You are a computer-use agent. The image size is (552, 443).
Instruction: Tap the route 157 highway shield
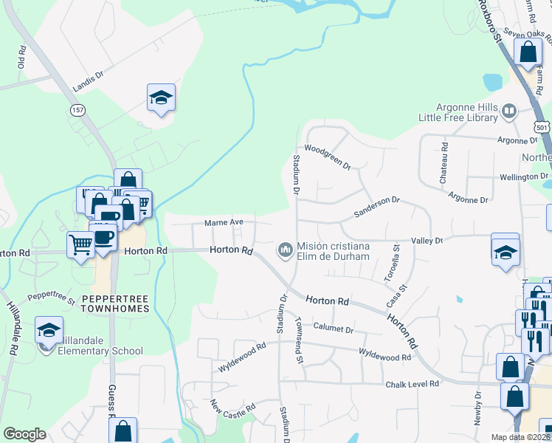tap(77, 109)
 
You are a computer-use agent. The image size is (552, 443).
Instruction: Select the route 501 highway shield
tap(542, 128)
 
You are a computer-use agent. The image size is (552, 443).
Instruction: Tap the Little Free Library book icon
tap(508, 111)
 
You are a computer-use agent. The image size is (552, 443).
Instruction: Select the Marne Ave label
tap(219, 223)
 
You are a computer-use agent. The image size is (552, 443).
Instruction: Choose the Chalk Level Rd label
tap(413, 384)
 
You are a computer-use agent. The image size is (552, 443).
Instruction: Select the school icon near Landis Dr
tap(161, 97)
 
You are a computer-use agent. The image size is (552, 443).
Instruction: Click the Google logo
tap(24, 434)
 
